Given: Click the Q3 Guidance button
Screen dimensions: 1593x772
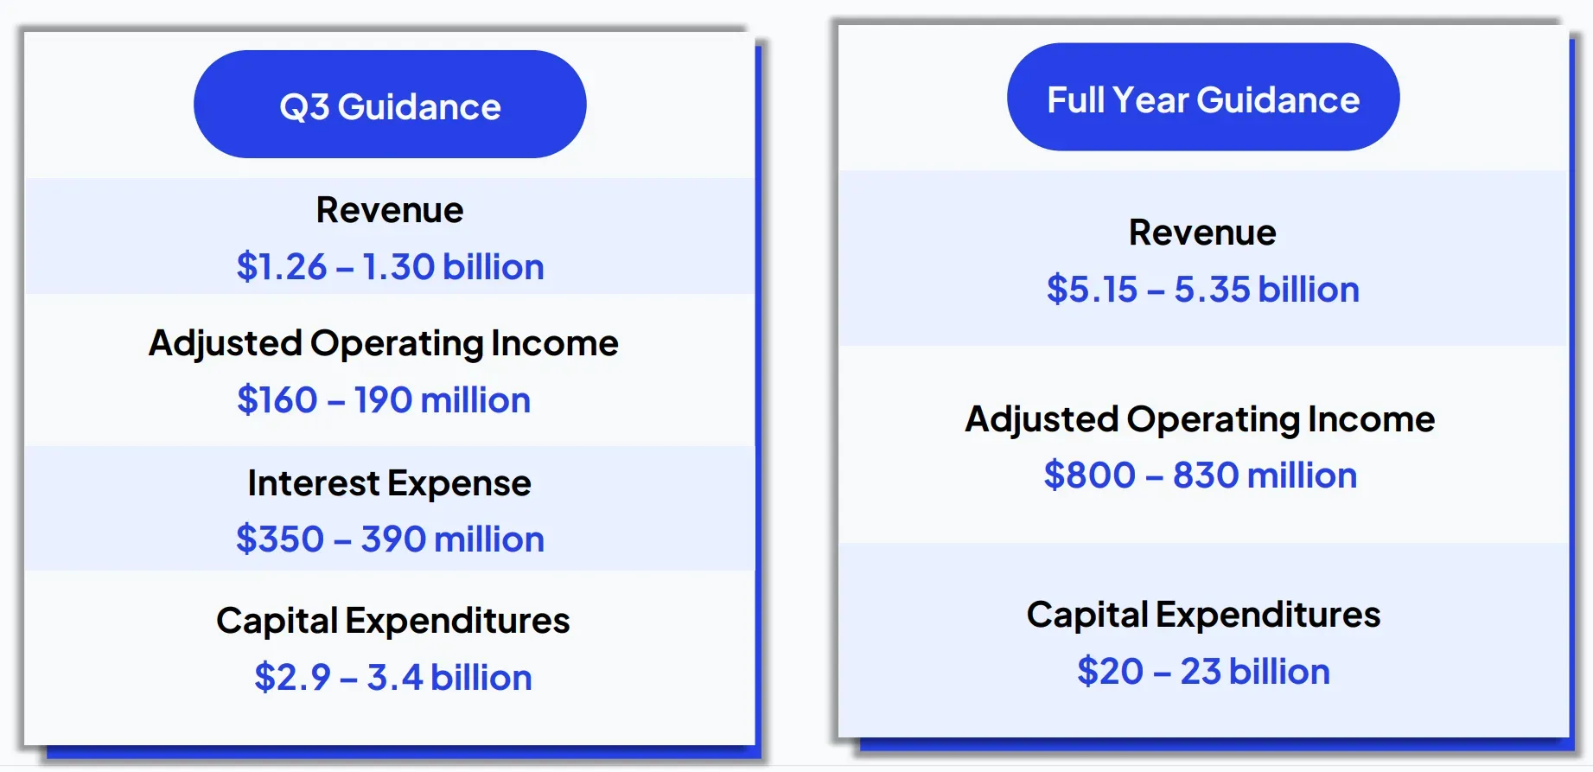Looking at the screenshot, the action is [390, 104].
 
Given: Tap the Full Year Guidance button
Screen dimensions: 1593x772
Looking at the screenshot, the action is [1203, 97].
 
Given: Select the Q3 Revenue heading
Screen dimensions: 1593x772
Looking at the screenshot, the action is [390, 210].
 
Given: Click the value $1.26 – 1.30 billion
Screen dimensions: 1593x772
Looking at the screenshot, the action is [390, 266].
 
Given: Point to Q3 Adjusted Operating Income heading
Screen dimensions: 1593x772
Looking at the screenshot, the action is [384, 344].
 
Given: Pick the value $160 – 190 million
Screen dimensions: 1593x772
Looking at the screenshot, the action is [384, 400].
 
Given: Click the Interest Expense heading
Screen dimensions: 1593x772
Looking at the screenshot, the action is [390, 483].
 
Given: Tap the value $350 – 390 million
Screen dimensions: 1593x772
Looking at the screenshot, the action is [390, 539].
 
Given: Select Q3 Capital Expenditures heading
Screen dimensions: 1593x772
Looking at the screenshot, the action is [393, 621].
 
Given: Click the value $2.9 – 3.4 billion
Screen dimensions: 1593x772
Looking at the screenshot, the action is [393, 677].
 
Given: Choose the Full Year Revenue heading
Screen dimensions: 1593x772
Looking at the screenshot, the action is [1202, 233].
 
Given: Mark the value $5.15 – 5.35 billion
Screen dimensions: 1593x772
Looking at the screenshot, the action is [1202, 290].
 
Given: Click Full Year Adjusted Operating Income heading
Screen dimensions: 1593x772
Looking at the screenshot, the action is [1200, 420].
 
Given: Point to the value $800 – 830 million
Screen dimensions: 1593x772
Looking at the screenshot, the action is [1200, 475].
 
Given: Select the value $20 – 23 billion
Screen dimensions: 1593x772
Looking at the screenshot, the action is [1203, 672].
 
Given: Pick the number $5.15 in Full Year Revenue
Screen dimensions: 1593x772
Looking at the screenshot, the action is [1092, 290].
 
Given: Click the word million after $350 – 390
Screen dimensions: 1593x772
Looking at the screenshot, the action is [489, 539].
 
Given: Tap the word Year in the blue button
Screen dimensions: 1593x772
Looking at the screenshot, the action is [1150, 100].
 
